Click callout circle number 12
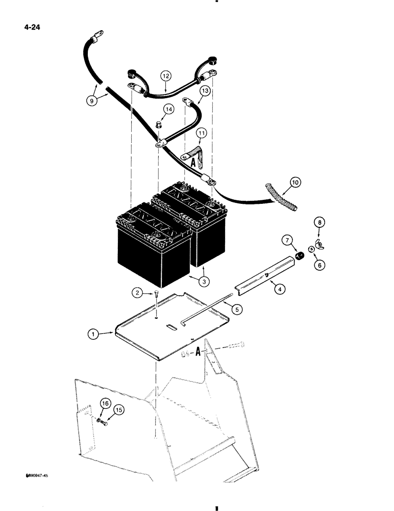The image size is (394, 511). (166, 76)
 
